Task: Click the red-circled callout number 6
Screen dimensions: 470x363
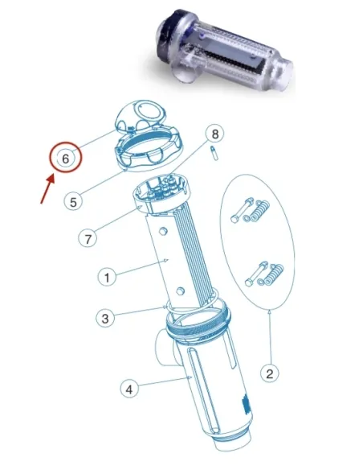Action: (67, 159)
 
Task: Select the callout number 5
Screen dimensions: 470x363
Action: (73, 201)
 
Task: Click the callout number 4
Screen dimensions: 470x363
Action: (127, 389)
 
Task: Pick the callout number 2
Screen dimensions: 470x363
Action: (271, 373)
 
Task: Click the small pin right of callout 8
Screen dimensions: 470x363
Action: (214, 152)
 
